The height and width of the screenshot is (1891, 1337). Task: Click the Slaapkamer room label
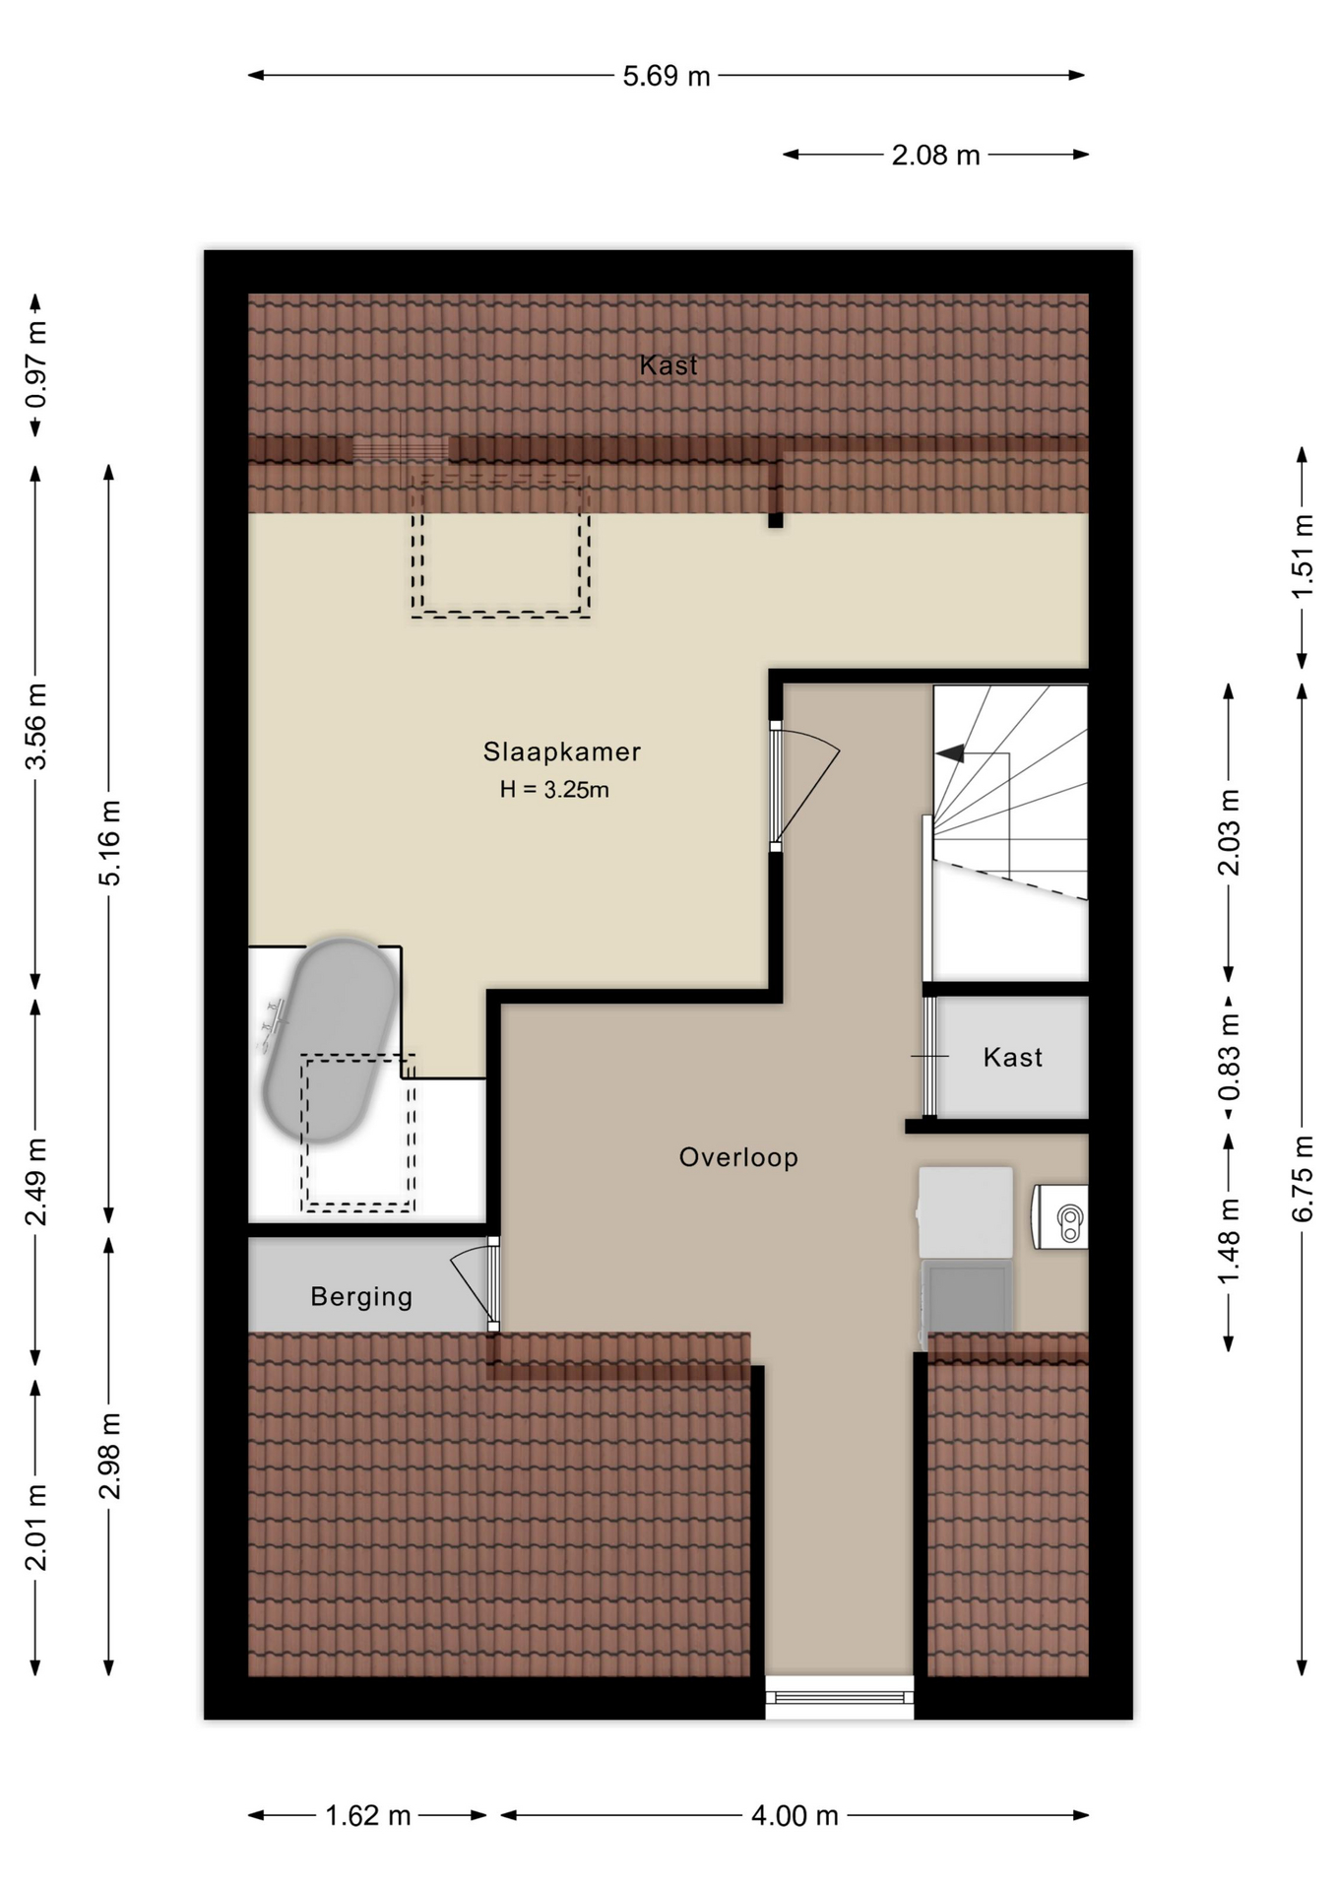click(561, 751)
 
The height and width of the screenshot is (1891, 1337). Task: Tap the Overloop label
click(738, 1157)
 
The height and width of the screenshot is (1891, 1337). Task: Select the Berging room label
click(361, 1297)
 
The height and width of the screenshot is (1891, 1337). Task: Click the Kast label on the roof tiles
click(668, 365)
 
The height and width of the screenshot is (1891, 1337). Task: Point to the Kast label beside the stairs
click(1012, 1058)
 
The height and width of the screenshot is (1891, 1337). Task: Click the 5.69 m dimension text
click(667, 76)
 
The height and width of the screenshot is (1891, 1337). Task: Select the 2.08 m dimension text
click(935, 156)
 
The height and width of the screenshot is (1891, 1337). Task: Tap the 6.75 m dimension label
click(1303, 1179)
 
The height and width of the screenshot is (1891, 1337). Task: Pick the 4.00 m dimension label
click(795, 1815)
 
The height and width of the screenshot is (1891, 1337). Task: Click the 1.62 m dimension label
click(368, 1815)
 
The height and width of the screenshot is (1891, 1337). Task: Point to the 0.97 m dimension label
click(35, 365)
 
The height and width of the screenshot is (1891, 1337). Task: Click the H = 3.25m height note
click(554, 790)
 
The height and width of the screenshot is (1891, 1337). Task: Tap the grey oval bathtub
click(330, 1041)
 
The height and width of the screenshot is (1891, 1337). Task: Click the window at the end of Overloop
click(839, 1697)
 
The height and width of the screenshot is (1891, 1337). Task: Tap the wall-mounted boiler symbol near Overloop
click(1060, 1217)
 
